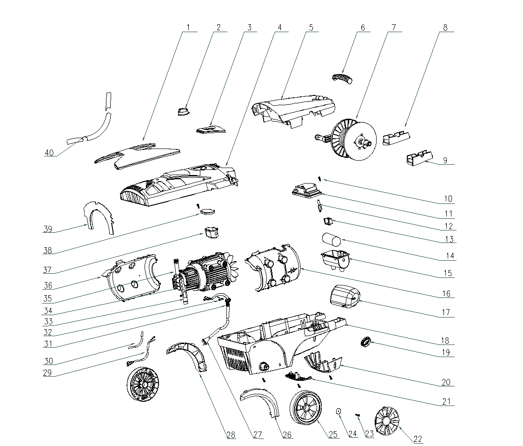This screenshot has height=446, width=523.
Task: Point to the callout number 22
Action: (x=417, y=438)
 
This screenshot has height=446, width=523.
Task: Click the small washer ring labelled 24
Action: (x=339, y=411)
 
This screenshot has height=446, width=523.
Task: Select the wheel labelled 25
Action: (x=305, y=407)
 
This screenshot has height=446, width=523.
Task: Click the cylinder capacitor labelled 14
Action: (x=331, y=240)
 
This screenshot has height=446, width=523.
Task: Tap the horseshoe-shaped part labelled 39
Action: (x=99, y=219)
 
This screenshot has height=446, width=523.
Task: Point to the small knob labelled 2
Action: (x=183, y=111)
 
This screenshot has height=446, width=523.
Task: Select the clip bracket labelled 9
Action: (x=418, y=158)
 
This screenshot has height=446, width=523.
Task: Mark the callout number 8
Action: (x=445, y=27)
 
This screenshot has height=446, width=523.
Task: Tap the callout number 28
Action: (x=231, y=435)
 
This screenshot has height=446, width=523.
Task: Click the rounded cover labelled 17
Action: (x=345, y=297)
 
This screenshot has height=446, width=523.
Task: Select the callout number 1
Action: (x=188, y=27)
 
